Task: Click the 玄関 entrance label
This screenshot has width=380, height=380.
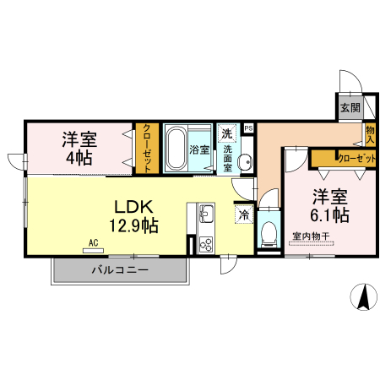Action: tap(350, 107)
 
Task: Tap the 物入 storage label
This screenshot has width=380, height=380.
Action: tap(370, 134)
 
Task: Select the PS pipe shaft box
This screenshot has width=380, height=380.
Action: tap(247, 128)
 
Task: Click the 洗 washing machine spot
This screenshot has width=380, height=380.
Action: tap(226, 133)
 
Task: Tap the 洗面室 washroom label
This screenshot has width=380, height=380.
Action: tap(227, 157)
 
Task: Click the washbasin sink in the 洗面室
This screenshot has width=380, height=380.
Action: tap(245, 162)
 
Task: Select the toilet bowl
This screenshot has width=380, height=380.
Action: tap(268, 230)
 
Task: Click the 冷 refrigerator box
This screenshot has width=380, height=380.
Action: tap(243, 214)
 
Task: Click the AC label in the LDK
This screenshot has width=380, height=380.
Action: tap(93, 242)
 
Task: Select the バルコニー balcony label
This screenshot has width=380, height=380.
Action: tap(120, 270)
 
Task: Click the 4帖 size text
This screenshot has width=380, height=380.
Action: tap(78, 158)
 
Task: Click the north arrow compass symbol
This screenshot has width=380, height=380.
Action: tap(364, 296)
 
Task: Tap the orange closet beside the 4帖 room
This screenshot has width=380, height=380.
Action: tap(146, 148)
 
